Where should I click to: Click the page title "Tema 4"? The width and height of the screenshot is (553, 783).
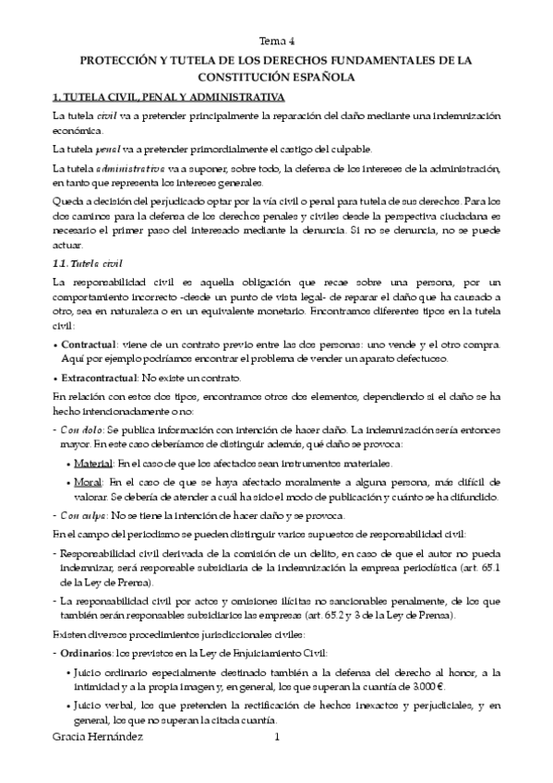point(276,42)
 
